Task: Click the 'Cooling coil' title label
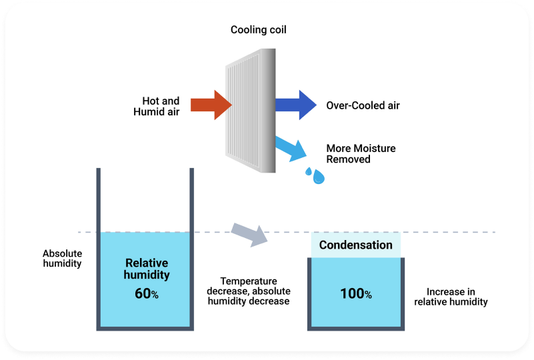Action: click(x=259, y=30)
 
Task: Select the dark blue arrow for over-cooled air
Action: click(x=295, y=105)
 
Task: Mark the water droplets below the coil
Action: click(x=315, y=175)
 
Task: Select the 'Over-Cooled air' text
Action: click(x=363, y=105)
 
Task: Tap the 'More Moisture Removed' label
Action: click(x=361, y=153)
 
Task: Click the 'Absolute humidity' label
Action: click(x=62, y=258)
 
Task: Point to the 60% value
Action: click(x=146, y=293)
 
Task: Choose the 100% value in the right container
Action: click(x=355, y=293)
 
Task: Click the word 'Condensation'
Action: click(x=355, y=245)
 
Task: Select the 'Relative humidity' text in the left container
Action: click(x=147, y=269)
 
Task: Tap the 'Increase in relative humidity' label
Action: click(x=451, y=297)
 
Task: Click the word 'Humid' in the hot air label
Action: click(x=148, y=111)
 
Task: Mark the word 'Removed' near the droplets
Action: click(x=348, y=159)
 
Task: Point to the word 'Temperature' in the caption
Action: click(x=248, y=281)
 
